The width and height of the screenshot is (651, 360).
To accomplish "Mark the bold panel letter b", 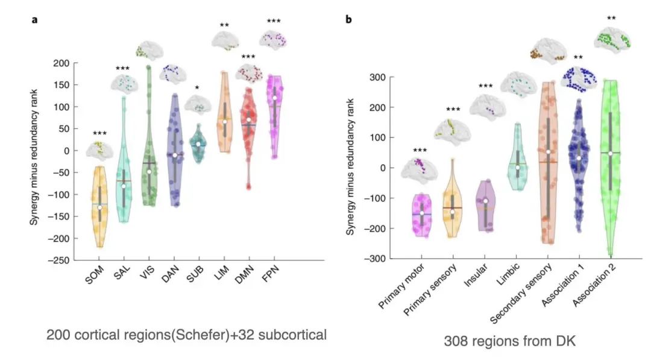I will [x=348, y=19].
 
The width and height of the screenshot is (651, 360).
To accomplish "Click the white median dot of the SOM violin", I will [x=100, y=207].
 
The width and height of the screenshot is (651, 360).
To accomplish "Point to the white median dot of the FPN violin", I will [x=275, y=98].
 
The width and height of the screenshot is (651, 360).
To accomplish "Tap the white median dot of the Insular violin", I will [x=486, y=201].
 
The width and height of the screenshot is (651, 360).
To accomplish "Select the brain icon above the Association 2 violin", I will [x=612, y=40].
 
